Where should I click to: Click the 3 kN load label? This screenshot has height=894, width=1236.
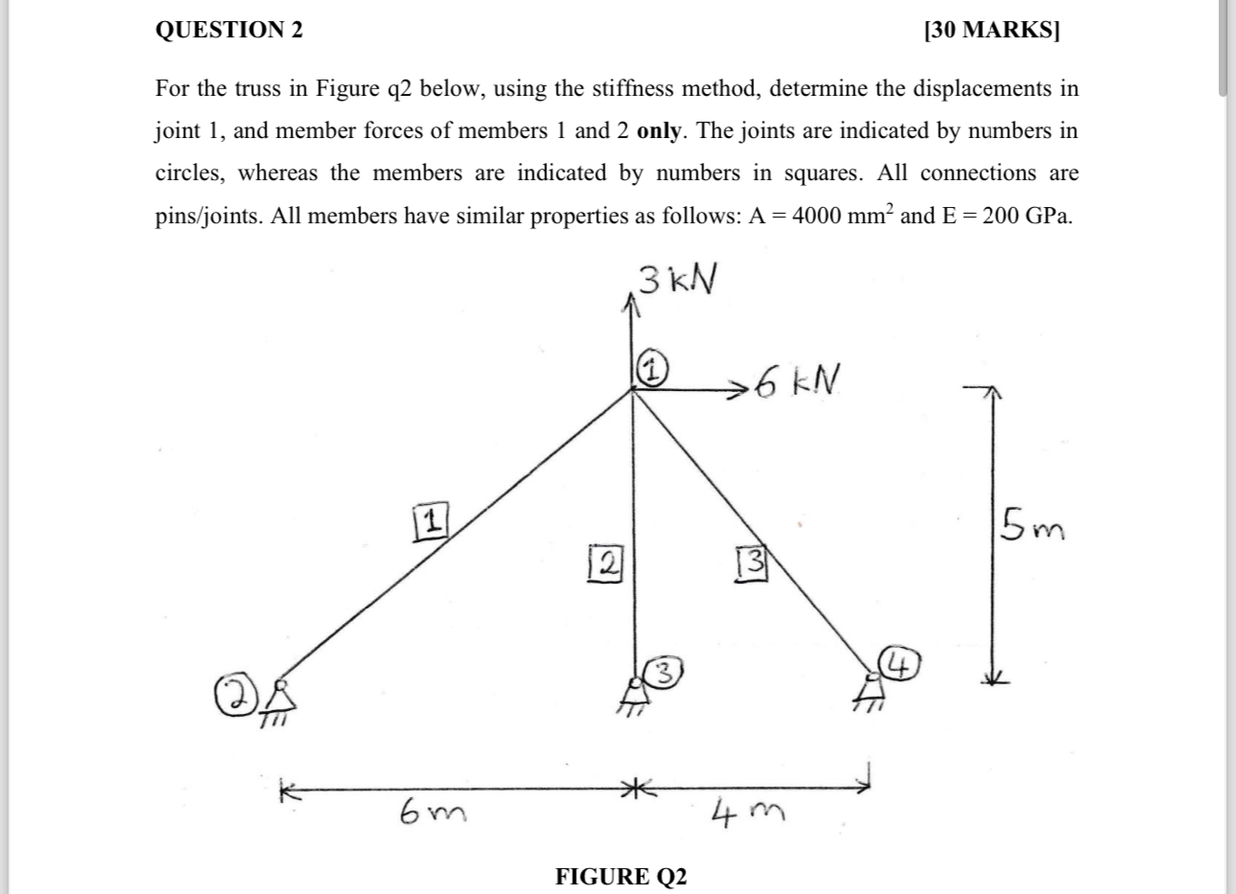(x=677, y=280)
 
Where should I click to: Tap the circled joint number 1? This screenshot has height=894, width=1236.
(x=652, y=370)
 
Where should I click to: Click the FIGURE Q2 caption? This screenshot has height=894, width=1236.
(x=621, y=876)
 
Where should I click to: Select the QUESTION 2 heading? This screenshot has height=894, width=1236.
(x=228, y=30)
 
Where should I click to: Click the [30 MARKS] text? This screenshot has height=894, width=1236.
(x=992, y=30)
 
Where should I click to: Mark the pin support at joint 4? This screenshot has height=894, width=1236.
(x=871, y=688)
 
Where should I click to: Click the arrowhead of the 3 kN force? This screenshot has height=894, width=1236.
(x=630, y=302)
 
